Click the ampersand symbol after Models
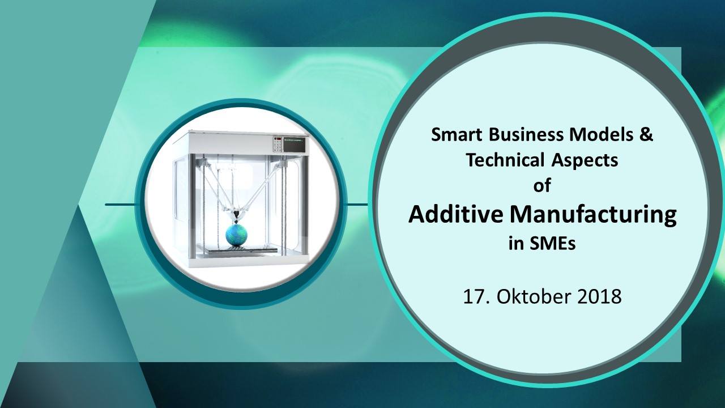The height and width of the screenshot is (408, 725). (646, 134)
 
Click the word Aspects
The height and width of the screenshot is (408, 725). (585, 160)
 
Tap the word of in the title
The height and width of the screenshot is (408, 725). (542, 185)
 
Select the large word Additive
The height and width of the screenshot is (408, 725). (456, 214)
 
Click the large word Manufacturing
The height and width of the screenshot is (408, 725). (593, 215)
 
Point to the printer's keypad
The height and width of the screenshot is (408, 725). (277, 144)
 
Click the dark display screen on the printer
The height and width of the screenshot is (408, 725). (294, 144)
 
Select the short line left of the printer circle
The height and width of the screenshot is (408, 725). (120, 205)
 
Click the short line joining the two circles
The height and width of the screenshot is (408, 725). (357, 205)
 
